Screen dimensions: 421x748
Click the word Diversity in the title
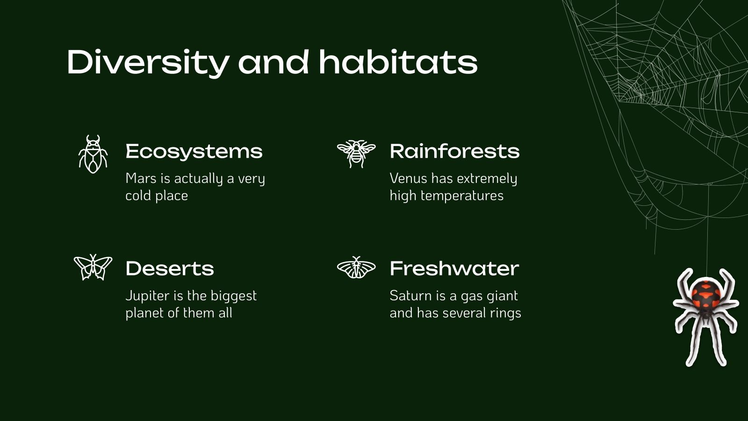click(x=148, y=62)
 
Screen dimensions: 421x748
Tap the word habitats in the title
click(x=398, y=62)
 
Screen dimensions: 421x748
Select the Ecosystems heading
click(x=194, y=151)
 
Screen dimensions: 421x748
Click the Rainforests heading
click(x=454, y=151)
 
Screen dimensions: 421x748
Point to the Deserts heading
click(x=170, y=269)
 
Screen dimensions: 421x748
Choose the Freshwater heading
click(x=454, y=269)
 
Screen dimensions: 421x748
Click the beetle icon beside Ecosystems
click(x=93, y=154)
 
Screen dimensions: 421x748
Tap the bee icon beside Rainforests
click(x=356, y=153)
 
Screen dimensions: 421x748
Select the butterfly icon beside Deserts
click(x=93, y=267)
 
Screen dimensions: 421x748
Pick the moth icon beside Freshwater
click(x=356, y=268)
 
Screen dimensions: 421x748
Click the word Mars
click(x=141, y=179)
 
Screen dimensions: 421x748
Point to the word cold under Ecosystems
click(x=138, y=196)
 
